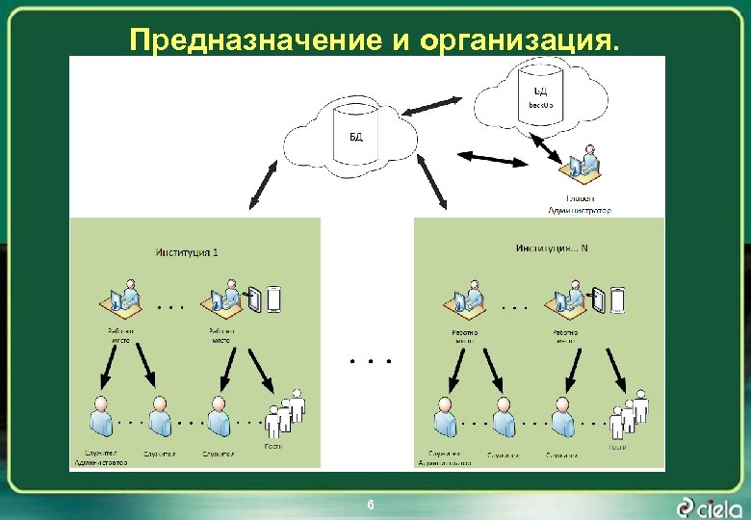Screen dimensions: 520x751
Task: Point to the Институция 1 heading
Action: [187, 252]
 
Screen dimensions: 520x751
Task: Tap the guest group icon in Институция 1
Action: [286, 413]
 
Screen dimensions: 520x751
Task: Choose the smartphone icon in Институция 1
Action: [273, 299]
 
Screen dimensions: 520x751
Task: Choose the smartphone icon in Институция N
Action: [617, 300]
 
